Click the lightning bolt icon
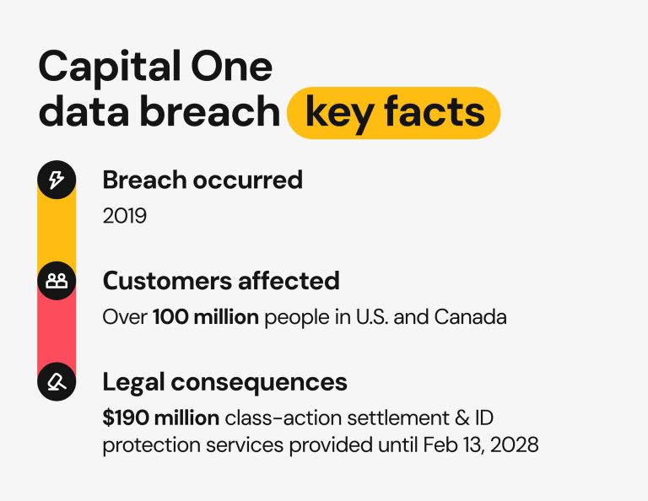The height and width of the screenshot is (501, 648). coord(57,180)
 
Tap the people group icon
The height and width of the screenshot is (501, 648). coord(57,281)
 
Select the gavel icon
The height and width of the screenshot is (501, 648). coord(57,382)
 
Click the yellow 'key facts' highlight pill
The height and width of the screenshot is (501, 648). coord(393,112)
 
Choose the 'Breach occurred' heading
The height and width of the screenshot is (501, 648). coord(202,180)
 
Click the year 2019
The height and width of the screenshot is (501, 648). coord(124,216)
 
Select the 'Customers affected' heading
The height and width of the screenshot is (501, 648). coord(221,280)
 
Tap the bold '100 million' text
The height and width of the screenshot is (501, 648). coord(205,317)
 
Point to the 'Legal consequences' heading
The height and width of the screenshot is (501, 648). coord(224,381)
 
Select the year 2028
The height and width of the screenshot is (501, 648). coord(513,444)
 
